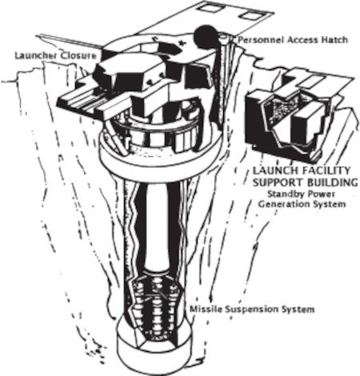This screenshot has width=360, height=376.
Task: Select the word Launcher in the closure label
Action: point(36,55)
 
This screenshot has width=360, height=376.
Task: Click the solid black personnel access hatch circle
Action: point(206,37)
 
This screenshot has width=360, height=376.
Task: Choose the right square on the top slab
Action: point(250,15)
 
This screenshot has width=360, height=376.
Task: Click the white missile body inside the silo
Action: point(157,226)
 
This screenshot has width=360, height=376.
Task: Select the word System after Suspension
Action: point(298,310)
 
